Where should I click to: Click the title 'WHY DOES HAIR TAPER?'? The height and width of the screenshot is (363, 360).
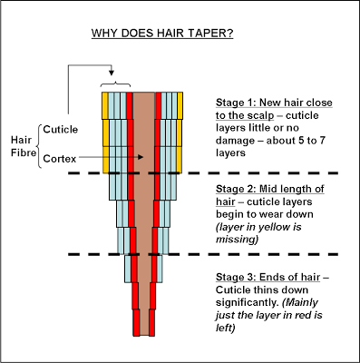(x=162, y=33)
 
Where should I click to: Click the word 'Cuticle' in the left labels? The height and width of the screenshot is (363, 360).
(x=61, y=130)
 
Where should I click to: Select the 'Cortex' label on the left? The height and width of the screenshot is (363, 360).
(x=60, y=159)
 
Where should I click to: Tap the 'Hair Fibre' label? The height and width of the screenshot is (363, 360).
(x=23, y=146)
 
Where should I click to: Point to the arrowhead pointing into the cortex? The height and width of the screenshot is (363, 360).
(x=140, y=157)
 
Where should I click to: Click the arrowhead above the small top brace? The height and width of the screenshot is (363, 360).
(x=112, y=73)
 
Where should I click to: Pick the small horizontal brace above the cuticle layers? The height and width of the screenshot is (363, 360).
(x=116, y=84)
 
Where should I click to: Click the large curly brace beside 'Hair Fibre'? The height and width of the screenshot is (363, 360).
(x=40, y=146)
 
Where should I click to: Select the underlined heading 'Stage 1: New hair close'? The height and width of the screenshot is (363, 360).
(x=274, y=103)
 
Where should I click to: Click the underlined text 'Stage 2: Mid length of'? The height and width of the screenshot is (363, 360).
(x=270, y=189)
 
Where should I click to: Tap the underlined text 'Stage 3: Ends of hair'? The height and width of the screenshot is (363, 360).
(x=268, y=277)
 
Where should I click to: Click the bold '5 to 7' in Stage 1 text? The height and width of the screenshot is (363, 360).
(x=307, y=141)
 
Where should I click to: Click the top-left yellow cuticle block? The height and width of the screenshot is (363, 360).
(x=105, y=106)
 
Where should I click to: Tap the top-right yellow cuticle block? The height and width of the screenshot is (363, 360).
(x=180, y=106)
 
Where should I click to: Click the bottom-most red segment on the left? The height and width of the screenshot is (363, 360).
(x=136, y=322)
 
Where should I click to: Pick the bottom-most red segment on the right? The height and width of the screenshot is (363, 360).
(x=151, y=322)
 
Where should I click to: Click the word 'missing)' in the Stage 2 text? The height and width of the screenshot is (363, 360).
(x=237, y=240)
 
